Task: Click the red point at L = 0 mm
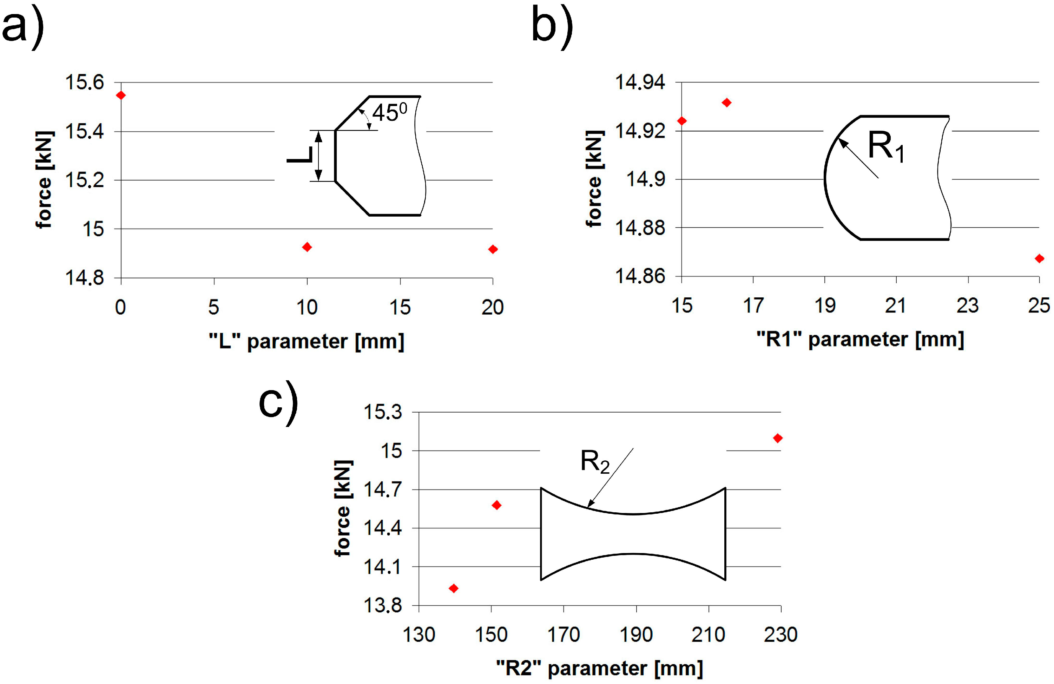coord(120,95)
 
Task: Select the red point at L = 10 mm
coord(307,247)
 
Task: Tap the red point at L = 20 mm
coord(493,249)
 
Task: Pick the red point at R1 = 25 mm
coord(1039,258)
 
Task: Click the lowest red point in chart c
coord(454,588)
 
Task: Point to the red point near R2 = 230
coord(778,438)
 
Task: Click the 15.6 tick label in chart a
coord(85,83)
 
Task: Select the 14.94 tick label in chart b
coord(640,83)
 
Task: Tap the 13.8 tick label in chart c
coord(383,605)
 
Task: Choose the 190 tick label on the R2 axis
coord(636,635)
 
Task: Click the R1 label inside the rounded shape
coord(886,147)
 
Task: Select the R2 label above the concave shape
coord(595,462)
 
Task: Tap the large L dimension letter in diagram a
coord(300,155)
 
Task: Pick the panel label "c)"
coord(278,403)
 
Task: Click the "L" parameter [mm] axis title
coord(307,341)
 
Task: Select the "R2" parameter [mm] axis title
coord(599,668)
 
